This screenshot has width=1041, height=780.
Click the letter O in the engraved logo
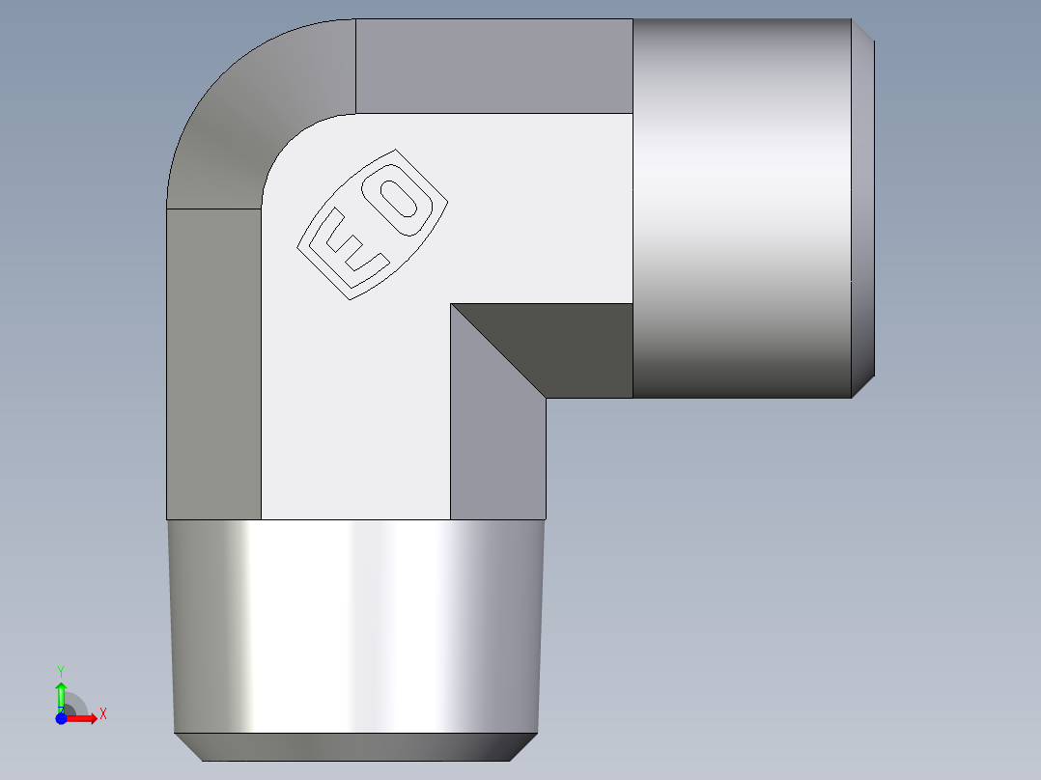[x=398, y=199]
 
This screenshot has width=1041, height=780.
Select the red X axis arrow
[x=82, y=718]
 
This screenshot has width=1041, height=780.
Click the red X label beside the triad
[x=102, y=713]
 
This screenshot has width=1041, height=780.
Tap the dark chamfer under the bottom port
[x=354, y=746]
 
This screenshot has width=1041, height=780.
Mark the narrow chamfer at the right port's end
[x=863, y=208]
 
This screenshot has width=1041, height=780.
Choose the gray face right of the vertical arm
[x=498, y=454]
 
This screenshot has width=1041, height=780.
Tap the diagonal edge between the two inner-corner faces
[x=497, y=350]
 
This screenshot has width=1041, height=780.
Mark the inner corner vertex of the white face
[x=451, y=304]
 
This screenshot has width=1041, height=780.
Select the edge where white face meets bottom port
[x=355, y=520]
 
